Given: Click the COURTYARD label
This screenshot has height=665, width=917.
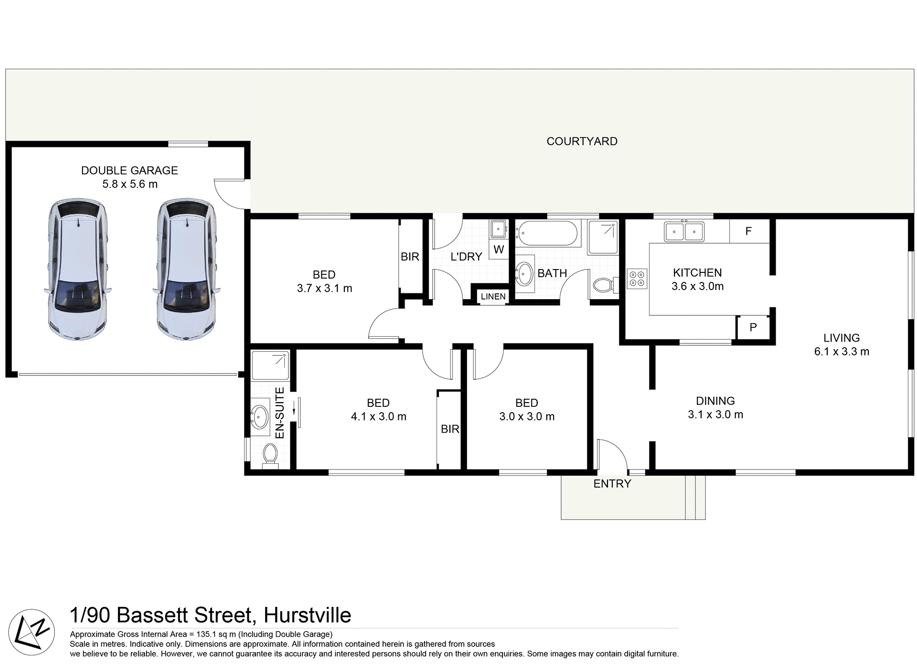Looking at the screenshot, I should [582, 141].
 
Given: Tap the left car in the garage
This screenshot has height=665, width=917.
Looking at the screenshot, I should [77, 270].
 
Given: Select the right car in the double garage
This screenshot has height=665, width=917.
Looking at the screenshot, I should [186, 270].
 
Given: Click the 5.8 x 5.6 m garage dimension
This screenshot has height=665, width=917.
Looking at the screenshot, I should [130, 184].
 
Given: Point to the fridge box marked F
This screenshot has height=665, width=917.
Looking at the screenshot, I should [748, 231].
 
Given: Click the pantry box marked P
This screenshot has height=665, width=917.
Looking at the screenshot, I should [753, 327].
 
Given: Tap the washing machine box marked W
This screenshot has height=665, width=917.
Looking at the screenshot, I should [499, 249].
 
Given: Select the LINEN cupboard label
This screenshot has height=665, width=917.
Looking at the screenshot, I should [493, 297].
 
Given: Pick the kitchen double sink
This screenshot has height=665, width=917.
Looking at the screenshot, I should [684, 232].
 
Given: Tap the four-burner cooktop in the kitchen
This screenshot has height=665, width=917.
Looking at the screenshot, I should [637, 279].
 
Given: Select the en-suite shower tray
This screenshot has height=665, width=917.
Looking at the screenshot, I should [270, 365].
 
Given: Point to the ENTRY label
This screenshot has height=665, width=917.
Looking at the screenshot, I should [612, 484].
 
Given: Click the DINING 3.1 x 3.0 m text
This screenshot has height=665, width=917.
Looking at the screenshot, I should [715, 408].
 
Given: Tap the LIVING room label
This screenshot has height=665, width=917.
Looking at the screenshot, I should [842, 338].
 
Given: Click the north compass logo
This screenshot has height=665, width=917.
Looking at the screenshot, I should [32, 632].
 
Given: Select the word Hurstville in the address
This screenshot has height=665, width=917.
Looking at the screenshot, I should [307, 615].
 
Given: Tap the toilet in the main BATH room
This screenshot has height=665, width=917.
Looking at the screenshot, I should [603, 285].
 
